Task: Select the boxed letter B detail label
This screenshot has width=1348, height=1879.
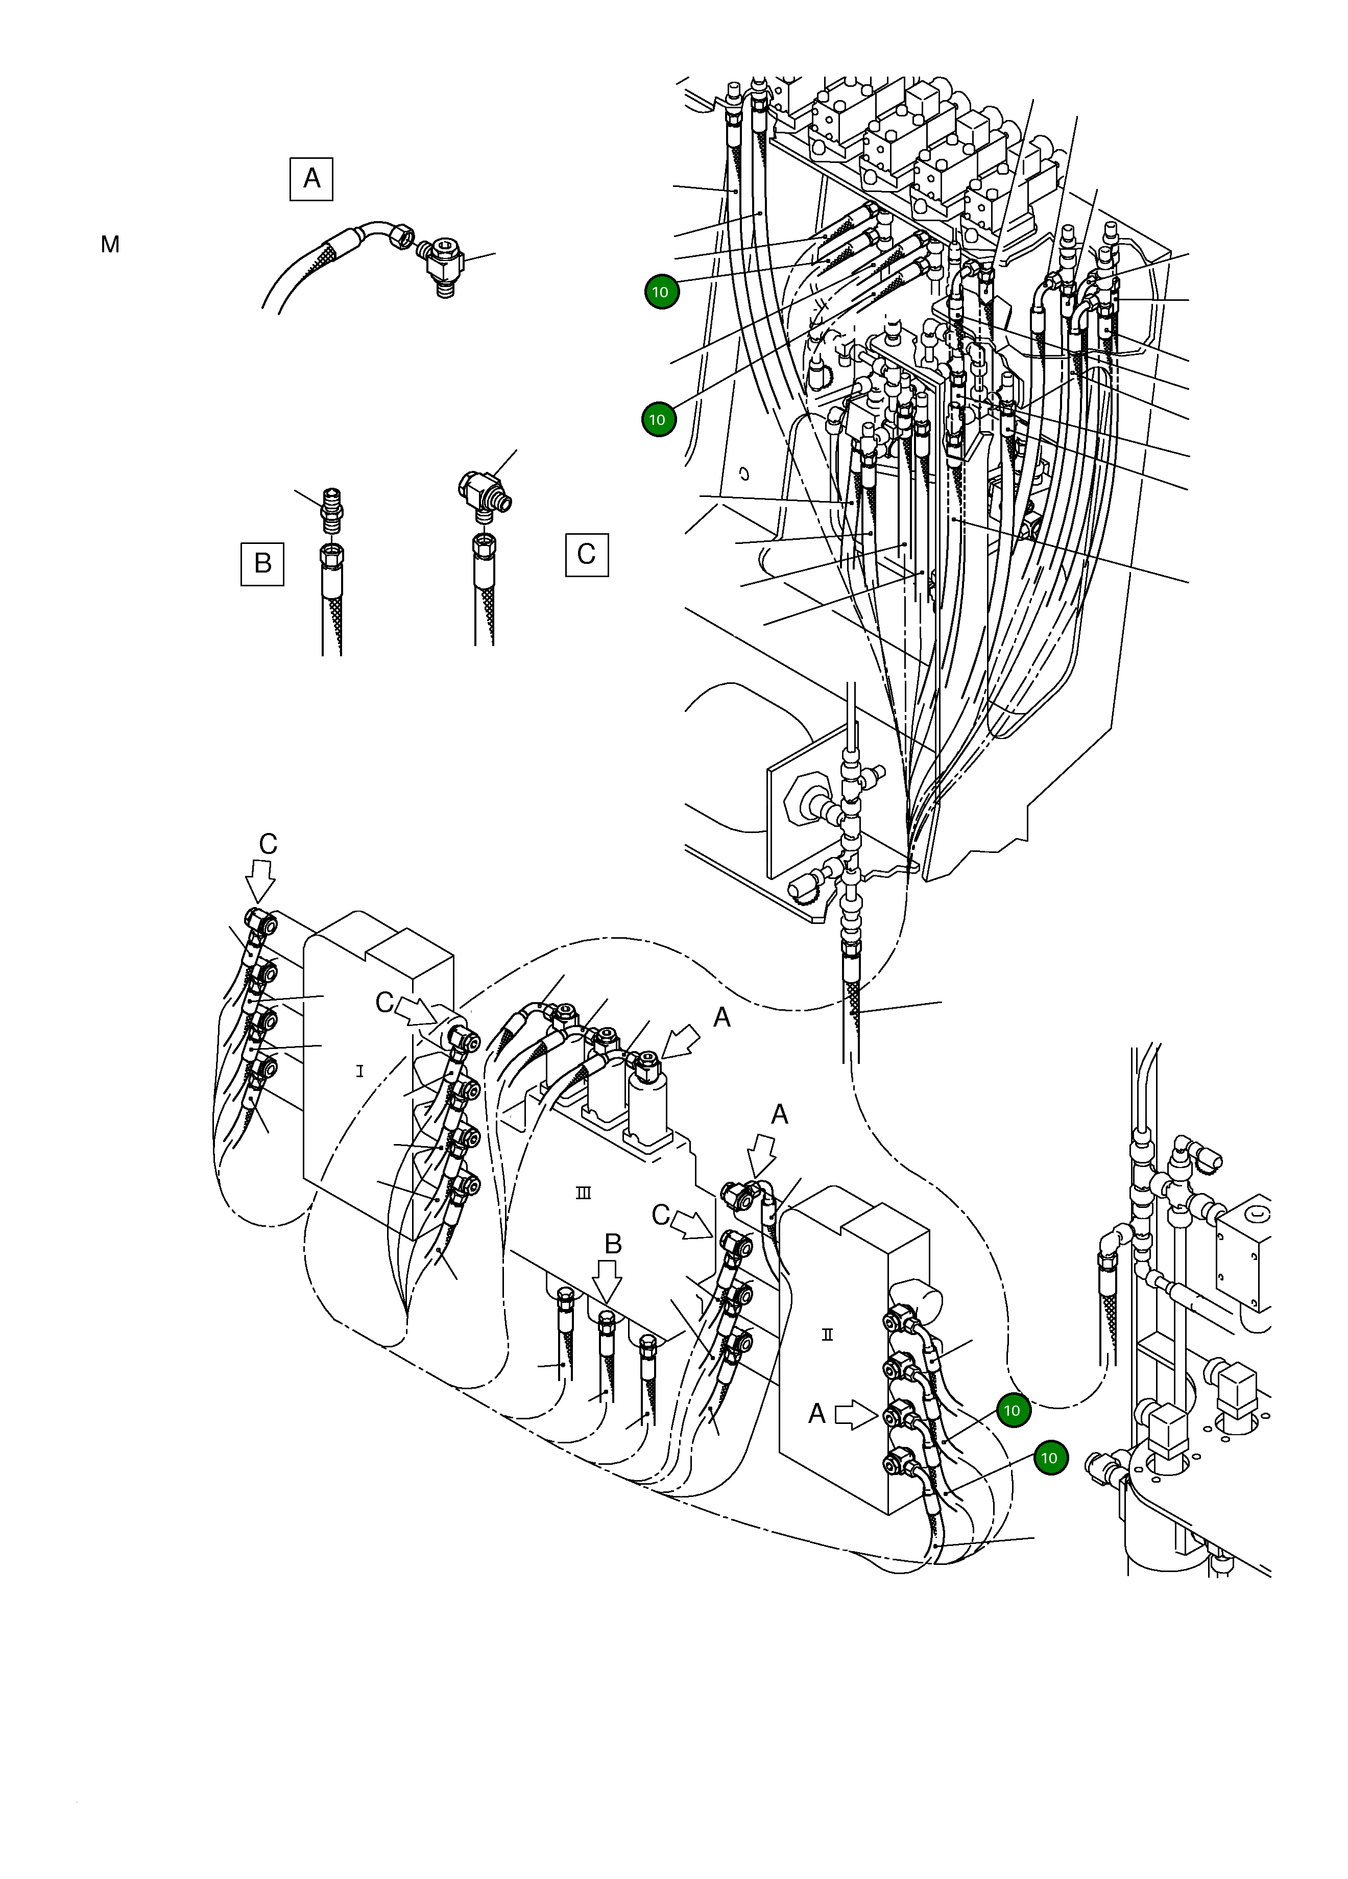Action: pos(262,563)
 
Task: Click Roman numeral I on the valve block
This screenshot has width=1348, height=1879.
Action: pos(359,1071)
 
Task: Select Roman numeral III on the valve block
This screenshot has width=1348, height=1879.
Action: pos(583,1193)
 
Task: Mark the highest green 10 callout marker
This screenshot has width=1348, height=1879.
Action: pos(660,292)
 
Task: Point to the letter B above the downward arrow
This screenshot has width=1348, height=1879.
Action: pos(612,1244)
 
